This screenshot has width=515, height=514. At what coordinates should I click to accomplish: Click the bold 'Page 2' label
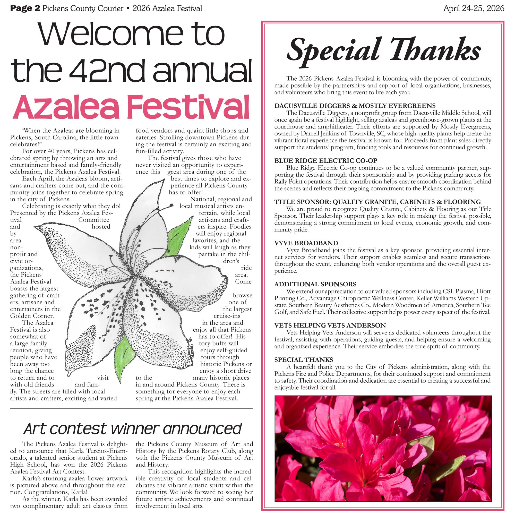pos(25,8)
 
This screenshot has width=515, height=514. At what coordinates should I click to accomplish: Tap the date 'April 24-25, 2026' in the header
pos(474,8)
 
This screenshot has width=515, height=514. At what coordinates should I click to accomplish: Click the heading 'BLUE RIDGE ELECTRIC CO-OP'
pos(326,160)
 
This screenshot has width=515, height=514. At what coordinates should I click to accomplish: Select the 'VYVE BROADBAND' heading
pos(306,243)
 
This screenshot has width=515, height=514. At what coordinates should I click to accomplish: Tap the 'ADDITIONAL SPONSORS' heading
pos(315,284)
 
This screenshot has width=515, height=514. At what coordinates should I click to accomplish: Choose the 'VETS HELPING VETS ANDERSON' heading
pos(330,325)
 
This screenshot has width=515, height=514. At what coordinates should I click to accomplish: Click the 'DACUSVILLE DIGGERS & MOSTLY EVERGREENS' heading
pos(355,106)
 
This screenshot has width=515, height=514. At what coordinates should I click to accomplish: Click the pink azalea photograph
pos(383,448)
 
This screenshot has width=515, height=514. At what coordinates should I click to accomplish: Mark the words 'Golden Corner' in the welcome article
pos(32,316)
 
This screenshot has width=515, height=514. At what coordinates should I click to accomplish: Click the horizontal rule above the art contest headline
pos(131,408)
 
